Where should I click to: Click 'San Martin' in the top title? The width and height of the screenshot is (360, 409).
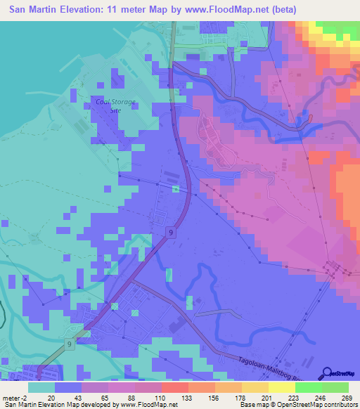[34, 10]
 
